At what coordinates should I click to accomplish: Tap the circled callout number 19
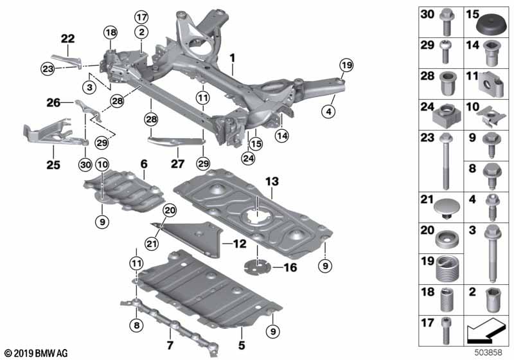[x=346, y=65]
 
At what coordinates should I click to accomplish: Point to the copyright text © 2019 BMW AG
[x=35, y=352]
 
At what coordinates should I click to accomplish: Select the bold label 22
[x=67, y=39]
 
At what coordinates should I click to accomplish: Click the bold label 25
[x=53, y=165]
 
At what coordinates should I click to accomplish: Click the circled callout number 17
[x=141, y=17]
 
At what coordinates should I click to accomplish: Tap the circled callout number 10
[x=103, y=165]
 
